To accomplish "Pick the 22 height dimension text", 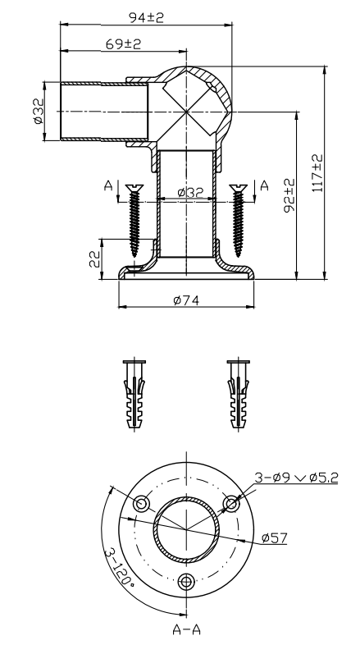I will click(x=94, y=259).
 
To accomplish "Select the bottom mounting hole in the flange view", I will click(x=188, y=581).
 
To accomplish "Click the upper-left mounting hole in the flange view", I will click(x=142, y=502).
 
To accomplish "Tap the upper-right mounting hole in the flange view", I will click(x=234, y=502).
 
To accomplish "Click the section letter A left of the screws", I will click(x=108, y=186).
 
